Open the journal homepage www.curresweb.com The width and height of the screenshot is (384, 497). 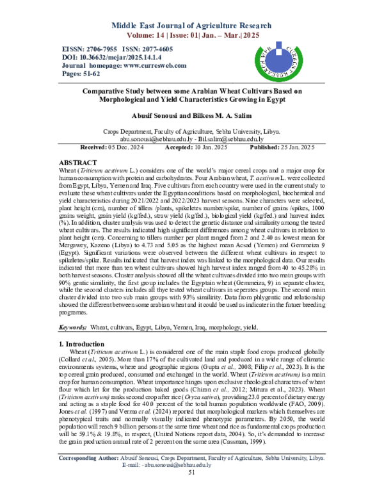pos(147,65)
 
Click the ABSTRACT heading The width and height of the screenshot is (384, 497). pos(77,163)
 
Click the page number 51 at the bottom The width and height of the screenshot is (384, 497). pos(191,490)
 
